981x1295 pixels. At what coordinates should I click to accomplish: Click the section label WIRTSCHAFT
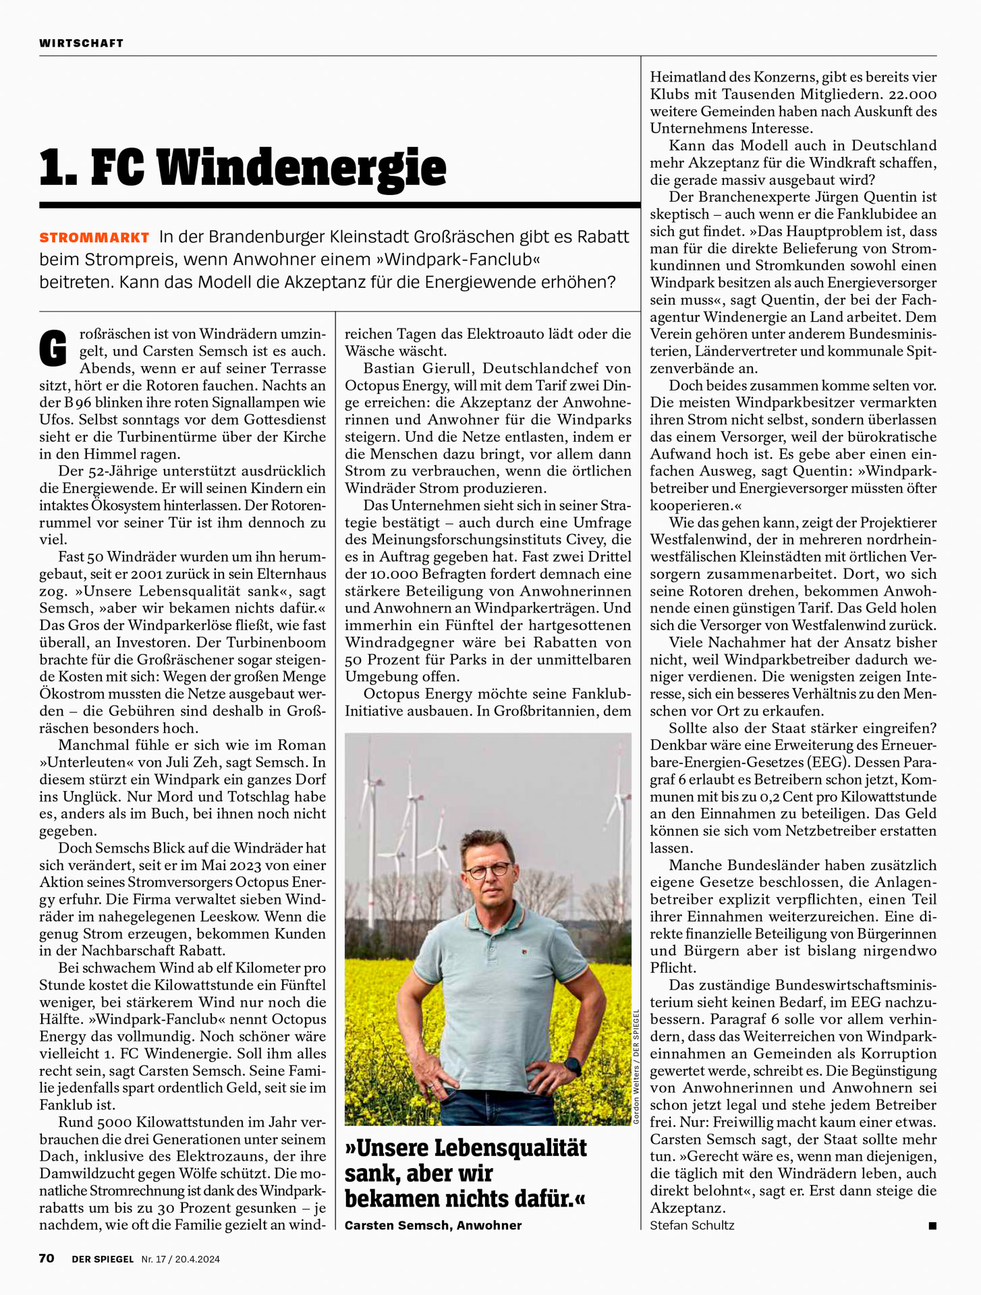(82, 43)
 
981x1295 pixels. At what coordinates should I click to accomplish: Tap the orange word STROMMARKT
(94, 237)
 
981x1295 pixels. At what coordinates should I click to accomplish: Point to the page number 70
(47, 1258)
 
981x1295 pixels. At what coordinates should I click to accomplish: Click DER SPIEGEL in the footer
(103, 1259)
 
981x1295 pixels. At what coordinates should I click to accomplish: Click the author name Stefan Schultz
(692, 1225)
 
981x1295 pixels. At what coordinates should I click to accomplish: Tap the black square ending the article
(932, 1226)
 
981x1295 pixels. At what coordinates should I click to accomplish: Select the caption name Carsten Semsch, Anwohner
(433, 1225)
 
